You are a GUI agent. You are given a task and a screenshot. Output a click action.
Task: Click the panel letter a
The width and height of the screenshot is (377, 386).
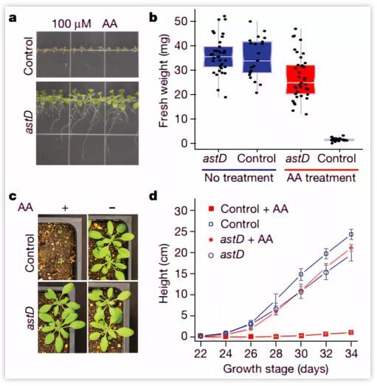tap(13, 18)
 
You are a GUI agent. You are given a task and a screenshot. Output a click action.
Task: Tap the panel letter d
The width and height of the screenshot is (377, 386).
tap(153, 196)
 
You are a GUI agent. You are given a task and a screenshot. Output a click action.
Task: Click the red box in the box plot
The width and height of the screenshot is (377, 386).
tap(300, 80)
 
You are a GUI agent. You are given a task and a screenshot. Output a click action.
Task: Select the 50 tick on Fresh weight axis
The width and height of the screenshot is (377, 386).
tap(181, 21)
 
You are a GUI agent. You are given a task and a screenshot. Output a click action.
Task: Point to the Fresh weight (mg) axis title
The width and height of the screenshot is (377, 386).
tap(164, 81)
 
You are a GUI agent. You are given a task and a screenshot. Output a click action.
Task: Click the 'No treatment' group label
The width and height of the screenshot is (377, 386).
tap(239, 178)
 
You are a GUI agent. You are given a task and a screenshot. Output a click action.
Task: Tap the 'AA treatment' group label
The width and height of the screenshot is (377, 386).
tap(321, 178)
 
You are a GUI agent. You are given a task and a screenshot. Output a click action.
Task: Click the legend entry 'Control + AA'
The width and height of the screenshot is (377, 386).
tap(249, 209)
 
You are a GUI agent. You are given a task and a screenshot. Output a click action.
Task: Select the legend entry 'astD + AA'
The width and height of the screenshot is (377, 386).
tap(241, 239)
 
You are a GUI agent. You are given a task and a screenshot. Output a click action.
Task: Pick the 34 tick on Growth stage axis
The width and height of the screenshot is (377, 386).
tap(351, 354)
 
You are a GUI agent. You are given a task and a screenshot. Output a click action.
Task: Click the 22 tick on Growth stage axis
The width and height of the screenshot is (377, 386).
tap(201, 354)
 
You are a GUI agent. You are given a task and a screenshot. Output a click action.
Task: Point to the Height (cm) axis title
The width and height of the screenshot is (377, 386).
tap(164, 273)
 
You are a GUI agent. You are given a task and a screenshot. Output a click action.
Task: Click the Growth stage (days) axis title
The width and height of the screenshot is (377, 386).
tap(276, 369)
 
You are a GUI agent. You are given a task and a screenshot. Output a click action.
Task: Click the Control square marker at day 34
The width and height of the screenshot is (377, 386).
tap(351, 234)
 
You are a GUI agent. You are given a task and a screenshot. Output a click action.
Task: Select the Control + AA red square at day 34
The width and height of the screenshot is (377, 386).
tap(351, 332)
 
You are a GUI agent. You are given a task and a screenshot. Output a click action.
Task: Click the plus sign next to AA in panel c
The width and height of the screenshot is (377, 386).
tap(65, 208)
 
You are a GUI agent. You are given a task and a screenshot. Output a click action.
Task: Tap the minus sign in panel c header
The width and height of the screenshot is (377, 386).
tap(112, 208)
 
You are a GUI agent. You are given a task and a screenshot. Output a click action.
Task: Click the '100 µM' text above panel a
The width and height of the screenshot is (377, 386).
tap(72, 24)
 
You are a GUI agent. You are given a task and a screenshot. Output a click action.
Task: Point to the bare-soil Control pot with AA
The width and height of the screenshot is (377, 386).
tap(62, 248)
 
